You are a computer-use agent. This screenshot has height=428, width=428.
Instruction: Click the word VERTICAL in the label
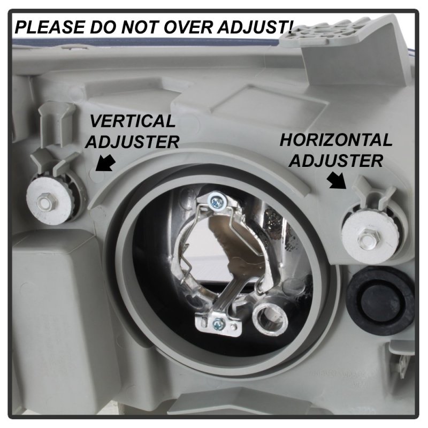133,121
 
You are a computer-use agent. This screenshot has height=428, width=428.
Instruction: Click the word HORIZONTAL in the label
336,140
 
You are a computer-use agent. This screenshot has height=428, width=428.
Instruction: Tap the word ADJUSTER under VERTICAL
132,142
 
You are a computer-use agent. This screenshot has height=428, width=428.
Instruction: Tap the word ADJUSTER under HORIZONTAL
336,160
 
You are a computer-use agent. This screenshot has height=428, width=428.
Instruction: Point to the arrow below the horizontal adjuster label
337,180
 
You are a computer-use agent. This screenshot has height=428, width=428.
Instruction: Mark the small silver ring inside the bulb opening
270,318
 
